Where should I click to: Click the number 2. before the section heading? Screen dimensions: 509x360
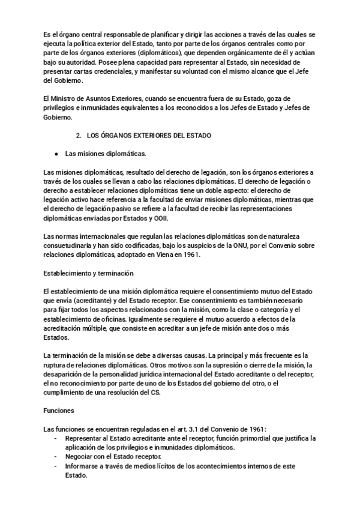(x=78, y=136)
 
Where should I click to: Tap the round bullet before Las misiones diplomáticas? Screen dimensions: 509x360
(x=56, y=154)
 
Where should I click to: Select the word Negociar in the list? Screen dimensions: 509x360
(x=80, y=457)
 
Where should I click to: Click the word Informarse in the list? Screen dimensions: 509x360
(x=83, y=466)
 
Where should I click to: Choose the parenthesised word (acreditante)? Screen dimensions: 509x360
(x=90, y=300)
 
